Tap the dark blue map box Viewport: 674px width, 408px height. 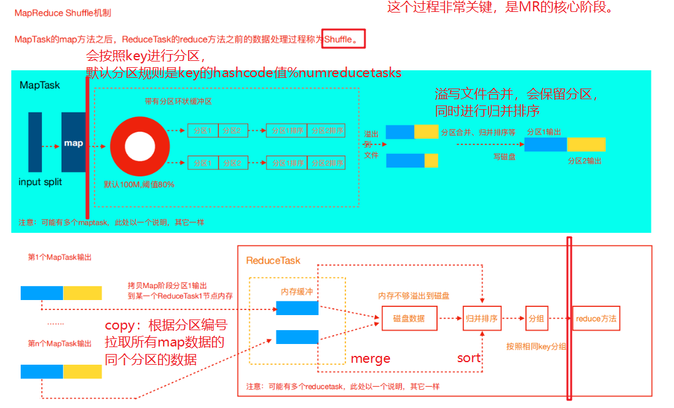click(73, 142)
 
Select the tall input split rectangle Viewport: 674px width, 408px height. click(35, 142)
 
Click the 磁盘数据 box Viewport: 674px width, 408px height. click(408, 318)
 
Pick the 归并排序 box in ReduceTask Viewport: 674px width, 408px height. click(481, 318)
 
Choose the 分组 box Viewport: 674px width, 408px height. click(535, 318)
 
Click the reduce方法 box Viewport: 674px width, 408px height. click(595, 318)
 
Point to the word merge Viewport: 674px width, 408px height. click(371, 358)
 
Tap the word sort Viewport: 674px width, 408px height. click(468, 358)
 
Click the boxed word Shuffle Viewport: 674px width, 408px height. click(339, 40)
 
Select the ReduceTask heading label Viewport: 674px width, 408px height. click(273, 260)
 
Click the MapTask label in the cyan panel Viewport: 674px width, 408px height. click(40, 85)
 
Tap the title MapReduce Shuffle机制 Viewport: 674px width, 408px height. click(62, 13)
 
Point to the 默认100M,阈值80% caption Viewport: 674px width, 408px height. click(139, 185)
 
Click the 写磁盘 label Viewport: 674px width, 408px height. click(505, 157)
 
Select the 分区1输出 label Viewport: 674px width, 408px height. click(543, 132)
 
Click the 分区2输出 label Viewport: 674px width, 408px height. click(584, 161)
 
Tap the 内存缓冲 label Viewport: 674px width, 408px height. click(297, 291)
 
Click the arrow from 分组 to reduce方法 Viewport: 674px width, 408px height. click(559, 318)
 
